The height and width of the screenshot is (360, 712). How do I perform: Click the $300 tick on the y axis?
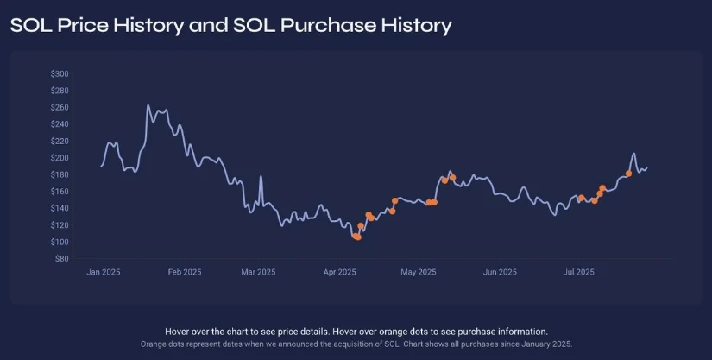tap(60, 73)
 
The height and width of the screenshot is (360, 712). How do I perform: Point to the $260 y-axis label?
tap(60, 107)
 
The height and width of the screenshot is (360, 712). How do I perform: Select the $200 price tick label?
tap(60, 158)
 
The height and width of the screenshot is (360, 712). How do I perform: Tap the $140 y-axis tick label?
tap(60, 208)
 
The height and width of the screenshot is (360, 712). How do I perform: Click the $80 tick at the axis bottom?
tap(62, 259)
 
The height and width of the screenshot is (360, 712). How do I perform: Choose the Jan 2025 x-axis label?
tap(104, 272)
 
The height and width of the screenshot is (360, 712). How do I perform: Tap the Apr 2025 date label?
tap(340, 272)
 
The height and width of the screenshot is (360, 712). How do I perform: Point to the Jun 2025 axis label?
tap(500, 272)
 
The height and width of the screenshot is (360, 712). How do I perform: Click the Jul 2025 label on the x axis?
tap(578, 272)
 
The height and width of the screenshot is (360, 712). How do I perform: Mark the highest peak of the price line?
tap(148, 105)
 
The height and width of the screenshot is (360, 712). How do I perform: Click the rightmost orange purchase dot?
tap(628, 174)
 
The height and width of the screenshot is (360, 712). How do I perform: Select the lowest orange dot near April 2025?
tap(356, 237)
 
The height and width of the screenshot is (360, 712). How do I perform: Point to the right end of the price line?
tap(646, 168)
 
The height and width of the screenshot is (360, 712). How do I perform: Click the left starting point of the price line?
tap(101, 165)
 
